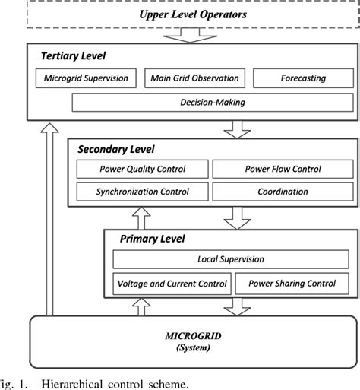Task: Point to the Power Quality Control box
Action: coord(142,170)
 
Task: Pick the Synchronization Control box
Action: coord(142,191)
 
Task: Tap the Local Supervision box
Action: coord(230,259)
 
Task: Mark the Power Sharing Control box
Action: coord(292,284)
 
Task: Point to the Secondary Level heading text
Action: coord(115,149)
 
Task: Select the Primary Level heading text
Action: coord(153,239)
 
